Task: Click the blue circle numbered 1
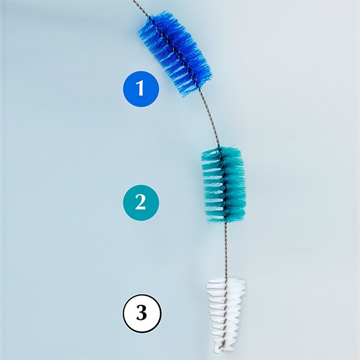click(x=141, y=89)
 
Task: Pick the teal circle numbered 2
click(x=141, y=202)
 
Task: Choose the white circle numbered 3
click(x=141, y=313)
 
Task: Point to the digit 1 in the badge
click(x=141, y=89)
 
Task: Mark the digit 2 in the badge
click(x=141, y=202)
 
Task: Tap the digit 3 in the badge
click(x=141, y=313)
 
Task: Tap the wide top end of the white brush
click(x=227, y=281)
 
